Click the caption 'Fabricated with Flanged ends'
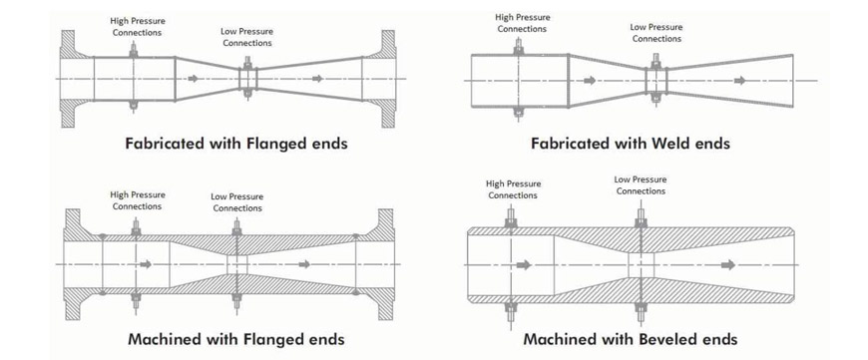point(236,144)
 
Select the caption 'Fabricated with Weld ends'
point(631,144)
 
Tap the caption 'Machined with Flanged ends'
point(236,338)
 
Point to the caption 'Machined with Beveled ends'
point(631,338)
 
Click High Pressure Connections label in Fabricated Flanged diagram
point(138,27)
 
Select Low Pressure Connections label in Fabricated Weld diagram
point(656,33)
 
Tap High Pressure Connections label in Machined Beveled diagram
point(513,189)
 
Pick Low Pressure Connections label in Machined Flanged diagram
point(237,202)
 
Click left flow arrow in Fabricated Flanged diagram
point(193,79)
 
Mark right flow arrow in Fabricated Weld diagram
point(740,81)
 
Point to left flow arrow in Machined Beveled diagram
point(524,265)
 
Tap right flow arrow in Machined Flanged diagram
point(304,264)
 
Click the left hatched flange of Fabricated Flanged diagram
point(73,79)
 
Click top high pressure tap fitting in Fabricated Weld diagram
point(518,48)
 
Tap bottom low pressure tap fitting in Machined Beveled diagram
point(642,312)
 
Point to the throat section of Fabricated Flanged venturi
point(248,79)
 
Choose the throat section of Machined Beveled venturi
point(642,265)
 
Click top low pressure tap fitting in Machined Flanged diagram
point(236,227)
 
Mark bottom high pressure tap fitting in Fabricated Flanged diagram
point(134,106)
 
